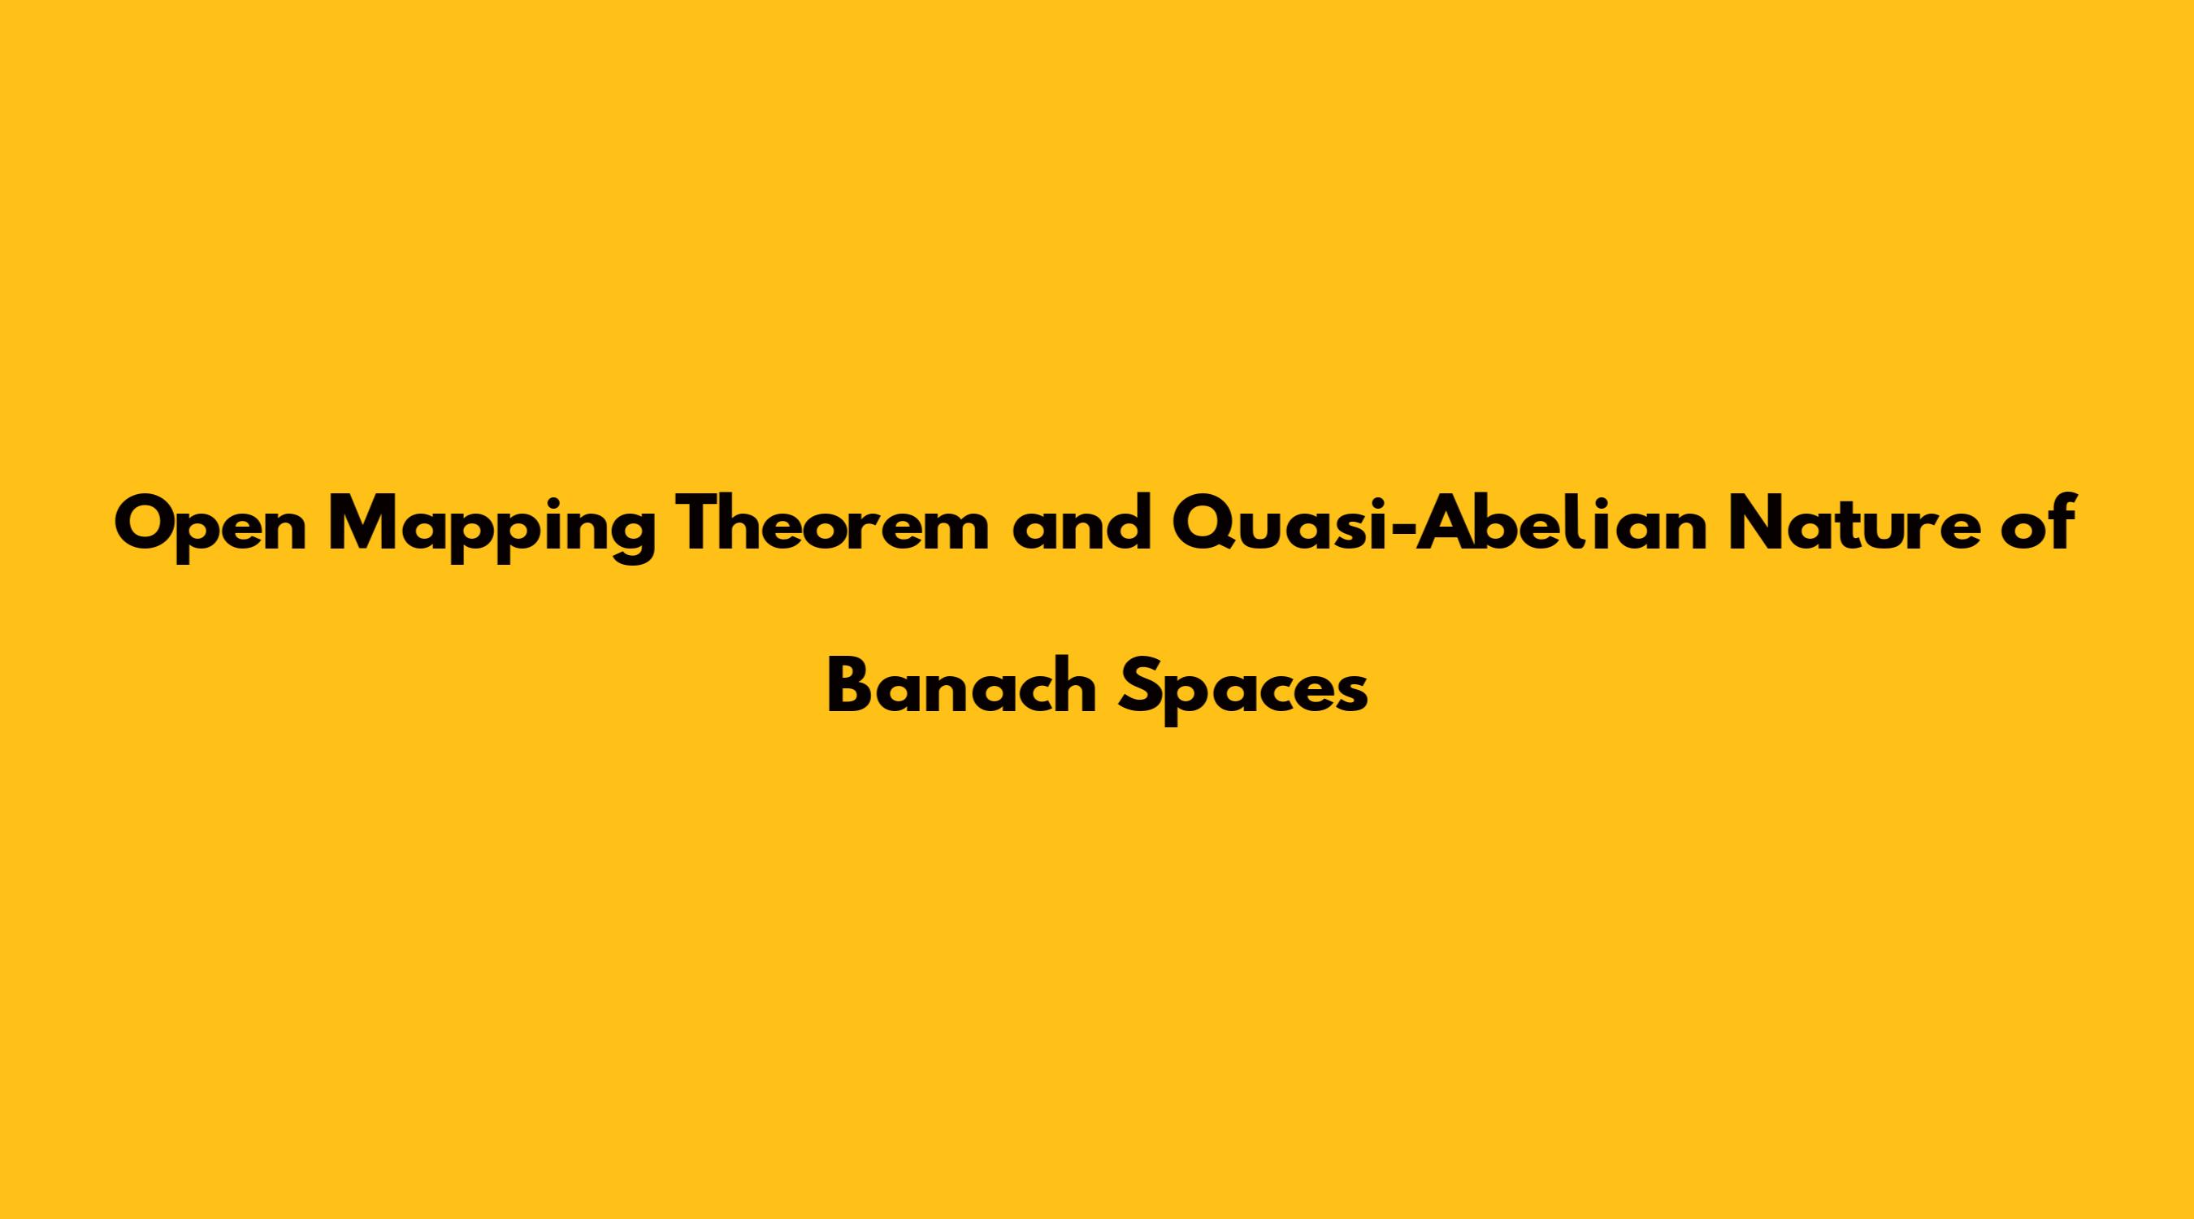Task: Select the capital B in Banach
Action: pos(849,688)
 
